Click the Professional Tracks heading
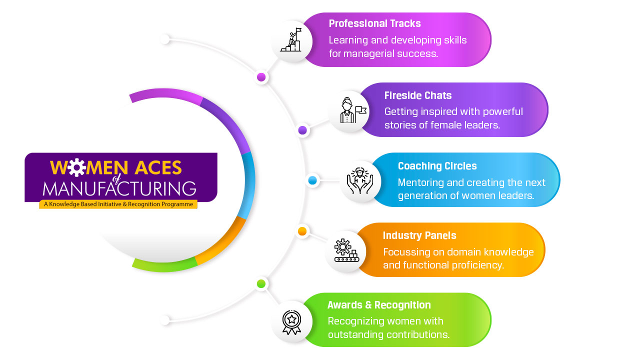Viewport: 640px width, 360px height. (374, 23)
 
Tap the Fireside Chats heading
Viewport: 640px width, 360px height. (417, 95)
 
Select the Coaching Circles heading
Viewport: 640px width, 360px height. (437, 166)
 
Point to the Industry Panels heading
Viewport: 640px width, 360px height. (419, 235)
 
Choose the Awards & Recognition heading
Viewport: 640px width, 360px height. (379, 305)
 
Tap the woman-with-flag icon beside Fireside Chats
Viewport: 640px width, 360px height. (353, 110)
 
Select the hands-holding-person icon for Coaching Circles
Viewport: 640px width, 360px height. (359, 181)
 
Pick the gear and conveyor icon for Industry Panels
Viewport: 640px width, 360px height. (346, 250)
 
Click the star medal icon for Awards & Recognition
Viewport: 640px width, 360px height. (291, 322)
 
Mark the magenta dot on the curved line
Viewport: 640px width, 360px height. (261, 77)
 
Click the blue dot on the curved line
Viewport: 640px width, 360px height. (312, 180)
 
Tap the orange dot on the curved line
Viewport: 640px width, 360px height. (302, 231)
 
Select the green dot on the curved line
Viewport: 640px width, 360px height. (261, 283)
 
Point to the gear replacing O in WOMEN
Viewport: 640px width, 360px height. (77, 167)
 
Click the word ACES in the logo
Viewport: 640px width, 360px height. (158, 167)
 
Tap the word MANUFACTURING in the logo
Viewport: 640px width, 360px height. (119, 188)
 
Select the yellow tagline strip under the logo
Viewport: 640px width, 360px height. (118, 204)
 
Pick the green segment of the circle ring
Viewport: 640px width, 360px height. (164, 266)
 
